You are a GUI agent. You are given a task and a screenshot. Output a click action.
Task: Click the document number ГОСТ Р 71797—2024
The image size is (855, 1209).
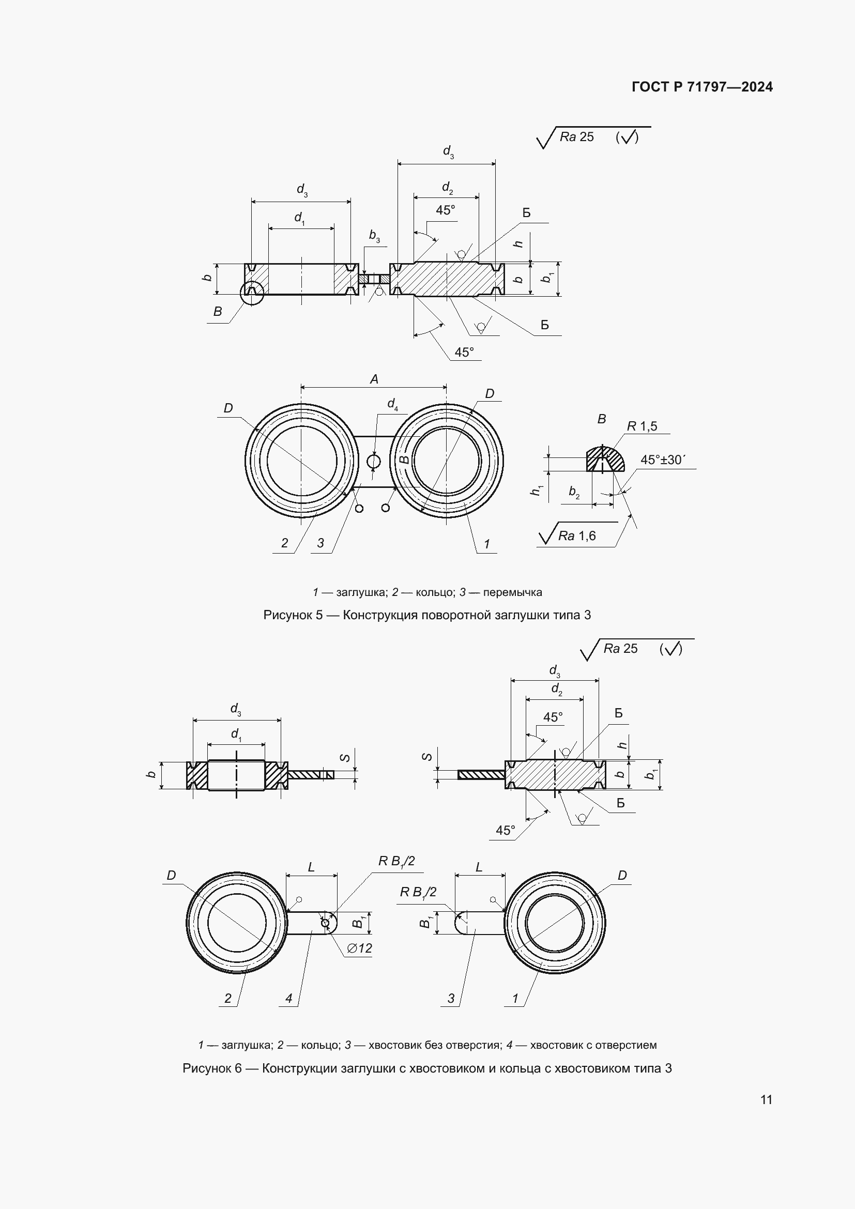[703, 87]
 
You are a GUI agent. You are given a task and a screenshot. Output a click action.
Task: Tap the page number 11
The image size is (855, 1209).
[767, 1099]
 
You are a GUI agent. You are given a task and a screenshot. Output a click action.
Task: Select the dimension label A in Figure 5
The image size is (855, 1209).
[374, 379]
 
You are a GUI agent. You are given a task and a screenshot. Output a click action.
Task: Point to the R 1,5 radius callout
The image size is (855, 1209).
[642, 426]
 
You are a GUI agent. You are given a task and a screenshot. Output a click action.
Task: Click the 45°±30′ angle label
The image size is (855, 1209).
[663, 460]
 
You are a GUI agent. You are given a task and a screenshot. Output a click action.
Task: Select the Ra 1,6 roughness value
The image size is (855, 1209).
[577, 536]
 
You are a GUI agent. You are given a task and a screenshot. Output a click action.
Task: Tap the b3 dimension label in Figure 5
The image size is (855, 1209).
[374, 235]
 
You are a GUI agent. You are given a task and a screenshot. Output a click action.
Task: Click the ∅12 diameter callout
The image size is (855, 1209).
[360, 948]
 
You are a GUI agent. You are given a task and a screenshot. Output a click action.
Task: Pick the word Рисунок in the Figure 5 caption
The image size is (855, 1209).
[287, 615]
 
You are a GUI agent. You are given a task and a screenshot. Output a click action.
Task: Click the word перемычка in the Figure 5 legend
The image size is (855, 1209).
[512, 592]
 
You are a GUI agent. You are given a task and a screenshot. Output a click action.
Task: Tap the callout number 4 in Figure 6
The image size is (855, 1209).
[288, 999]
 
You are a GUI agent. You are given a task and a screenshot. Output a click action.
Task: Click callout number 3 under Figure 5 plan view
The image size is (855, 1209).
[320, 543]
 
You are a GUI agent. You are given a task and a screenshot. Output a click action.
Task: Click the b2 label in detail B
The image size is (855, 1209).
[574, 493]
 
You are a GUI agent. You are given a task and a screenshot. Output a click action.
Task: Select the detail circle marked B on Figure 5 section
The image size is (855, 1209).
[252, 293]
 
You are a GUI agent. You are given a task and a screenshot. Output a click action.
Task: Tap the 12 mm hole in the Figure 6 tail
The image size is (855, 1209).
[325, 923]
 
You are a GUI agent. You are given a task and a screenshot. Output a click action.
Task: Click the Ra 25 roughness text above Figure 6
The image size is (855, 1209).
[620, 649]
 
